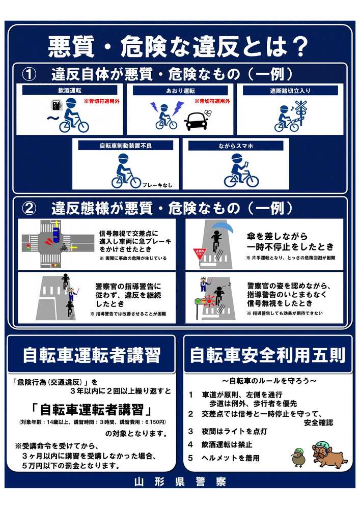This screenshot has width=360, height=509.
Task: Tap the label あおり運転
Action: (x=180, y=90)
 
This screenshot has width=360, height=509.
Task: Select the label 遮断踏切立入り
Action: (x=290, y=90)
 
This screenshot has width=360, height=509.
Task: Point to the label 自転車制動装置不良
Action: (x=126, y=146)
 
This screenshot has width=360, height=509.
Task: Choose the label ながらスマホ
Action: (x=235, y=146)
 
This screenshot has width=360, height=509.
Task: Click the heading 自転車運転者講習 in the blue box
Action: (x=91, y=355)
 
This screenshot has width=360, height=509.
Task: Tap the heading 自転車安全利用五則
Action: (x=267, y=355)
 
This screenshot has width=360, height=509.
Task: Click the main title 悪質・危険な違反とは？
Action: (x=178, y=46)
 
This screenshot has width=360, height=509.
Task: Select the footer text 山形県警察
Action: (x=180, y=482)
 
